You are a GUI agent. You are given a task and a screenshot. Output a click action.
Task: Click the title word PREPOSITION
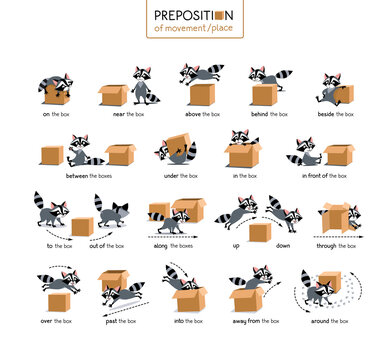coord(194,14)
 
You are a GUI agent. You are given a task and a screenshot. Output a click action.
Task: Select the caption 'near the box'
coord(126,114)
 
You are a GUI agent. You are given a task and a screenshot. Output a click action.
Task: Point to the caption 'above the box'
coord(197,114)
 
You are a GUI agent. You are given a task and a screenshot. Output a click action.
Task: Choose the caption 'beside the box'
coord(334,114)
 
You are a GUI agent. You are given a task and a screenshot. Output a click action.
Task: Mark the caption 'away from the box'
coord(258,321)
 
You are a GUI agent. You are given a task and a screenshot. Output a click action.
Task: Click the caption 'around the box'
coord(329,321)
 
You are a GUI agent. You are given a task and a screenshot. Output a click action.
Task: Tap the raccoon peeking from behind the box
coord(262,76)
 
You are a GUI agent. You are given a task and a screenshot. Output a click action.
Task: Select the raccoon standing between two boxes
coord(81,151)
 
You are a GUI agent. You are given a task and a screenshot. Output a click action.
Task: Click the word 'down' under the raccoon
coord(283,245)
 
